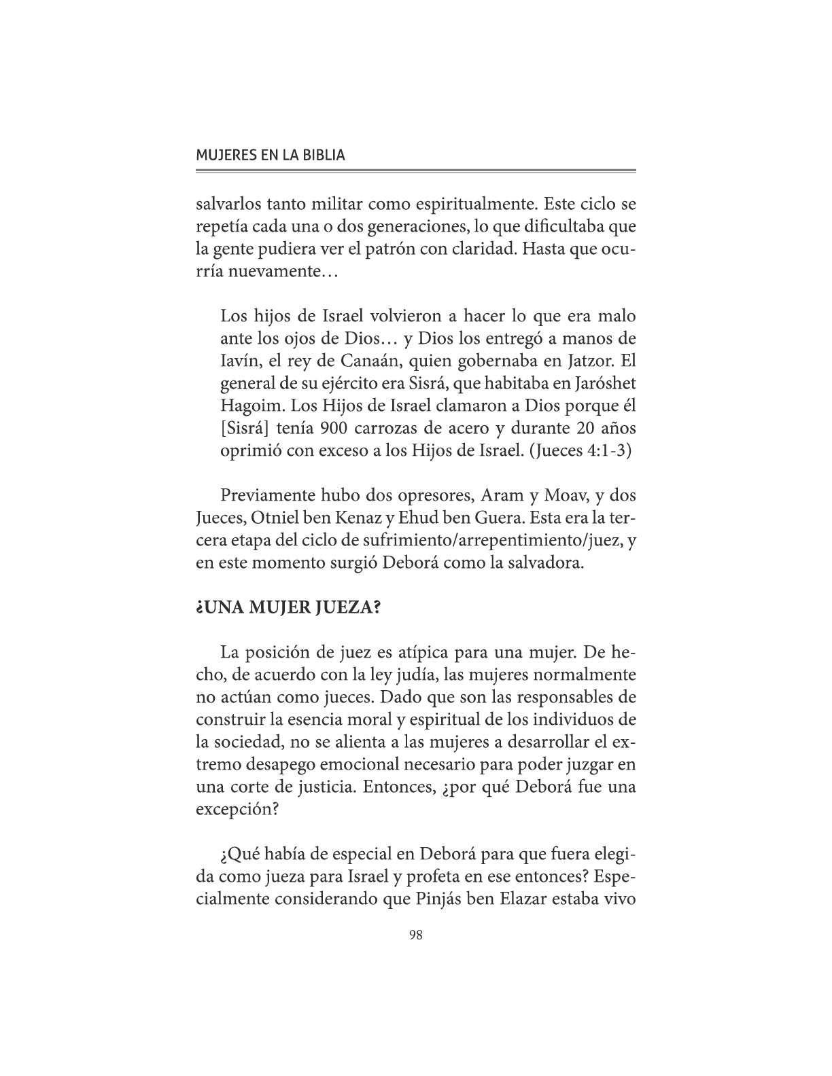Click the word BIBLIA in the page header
point(321,155)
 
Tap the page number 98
point(416,935)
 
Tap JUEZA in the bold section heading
point(346,607)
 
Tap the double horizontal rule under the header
point(415,171)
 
